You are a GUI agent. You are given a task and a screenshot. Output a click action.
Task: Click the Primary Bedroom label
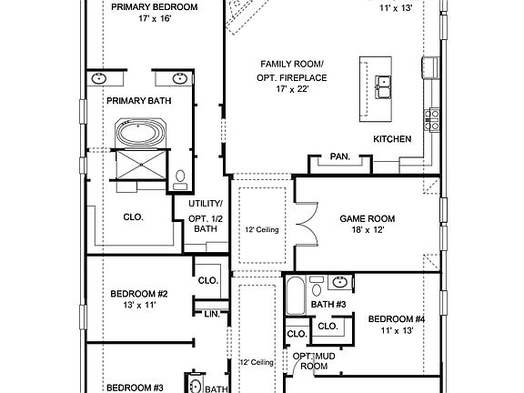[x=154, y=7]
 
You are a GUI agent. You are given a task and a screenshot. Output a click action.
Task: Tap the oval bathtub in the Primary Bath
[x=140, y=133]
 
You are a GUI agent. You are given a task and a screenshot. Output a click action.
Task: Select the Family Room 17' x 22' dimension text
[x=292, y=89]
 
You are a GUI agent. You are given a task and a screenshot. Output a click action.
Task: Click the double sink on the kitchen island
[x=383, y=87]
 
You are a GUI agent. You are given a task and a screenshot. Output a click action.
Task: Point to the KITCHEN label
[x=392, y=139]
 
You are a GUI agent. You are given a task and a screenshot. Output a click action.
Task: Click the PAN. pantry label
[x=340, y=156]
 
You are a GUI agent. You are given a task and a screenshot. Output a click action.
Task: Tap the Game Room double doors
[x=306, y=224]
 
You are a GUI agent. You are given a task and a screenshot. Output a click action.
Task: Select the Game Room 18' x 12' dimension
[x=368, y=230]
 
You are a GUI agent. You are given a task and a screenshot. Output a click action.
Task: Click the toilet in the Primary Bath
[x=180, y=179]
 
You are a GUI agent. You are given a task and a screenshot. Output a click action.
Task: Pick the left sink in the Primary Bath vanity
[x=99, y=78]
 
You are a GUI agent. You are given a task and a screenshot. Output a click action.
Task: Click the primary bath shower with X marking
[x=141, y=165]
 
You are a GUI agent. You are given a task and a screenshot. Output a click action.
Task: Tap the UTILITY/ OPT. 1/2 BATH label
[x=206, y=217]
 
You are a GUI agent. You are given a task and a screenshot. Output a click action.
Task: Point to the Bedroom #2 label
[x=139, y=294]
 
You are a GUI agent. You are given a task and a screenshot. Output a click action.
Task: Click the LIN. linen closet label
[x=212, y=314]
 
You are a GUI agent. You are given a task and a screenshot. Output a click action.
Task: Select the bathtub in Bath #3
[x=296, y=296]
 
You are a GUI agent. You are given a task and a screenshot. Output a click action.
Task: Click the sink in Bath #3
[x=340, y=282]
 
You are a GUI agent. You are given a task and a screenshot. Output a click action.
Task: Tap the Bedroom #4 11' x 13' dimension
[x=397, y=330]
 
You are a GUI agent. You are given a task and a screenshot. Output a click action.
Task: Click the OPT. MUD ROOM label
[x=314, y=361]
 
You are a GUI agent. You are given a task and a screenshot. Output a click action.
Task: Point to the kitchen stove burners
[x=432, y=120]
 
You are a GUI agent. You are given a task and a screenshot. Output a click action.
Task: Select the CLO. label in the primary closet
[x=134, y=217]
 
